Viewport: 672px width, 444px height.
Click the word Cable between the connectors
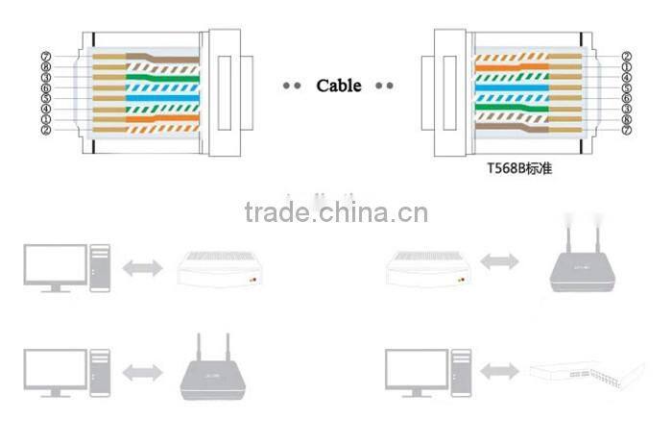click(339, 86)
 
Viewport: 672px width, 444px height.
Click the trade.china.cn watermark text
click(336, 212)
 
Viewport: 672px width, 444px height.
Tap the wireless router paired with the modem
click(586, 263)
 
